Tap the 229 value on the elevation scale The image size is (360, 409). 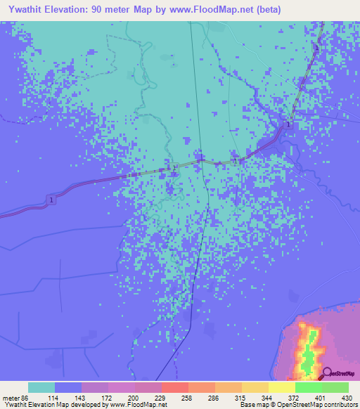click(x=161, y=398)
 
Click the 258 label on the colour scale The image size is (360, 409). click(x=188, y=398)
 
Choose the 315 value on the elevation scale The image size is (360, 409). click(x=241, y=398)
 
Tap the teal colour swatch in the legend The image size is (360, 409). click(x=41, y=387)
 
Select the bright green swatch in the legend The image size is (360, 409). click(x=308, y=387)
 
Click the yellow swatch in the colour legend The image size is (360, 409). click(x=281, y=387)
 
